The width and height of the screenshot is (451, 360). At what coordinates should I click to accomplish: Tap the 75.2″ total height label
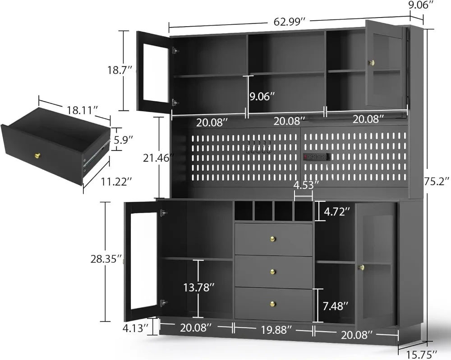point(437,181)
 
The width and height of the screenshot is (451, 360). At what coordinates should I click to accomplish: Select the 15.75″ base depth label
point(422,354)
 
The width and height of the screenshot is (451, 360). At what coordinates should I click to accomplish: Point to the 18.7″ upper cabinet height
point(120,70)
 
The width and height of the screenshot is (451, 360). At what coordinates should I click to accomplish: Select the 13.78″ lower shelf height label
point(199,287)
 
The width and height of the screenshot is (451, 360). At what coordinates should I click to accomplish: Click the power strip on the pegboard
point(316,157)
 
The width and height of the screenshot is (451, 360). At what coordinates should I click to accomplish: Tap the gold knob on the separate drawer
point(38,155)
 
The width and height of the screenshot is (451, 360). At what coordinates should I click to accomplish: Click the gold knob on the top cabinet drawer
point(273,239)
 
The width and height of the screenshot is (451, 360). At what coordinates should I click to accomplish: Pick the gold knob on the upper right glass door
point(372,62)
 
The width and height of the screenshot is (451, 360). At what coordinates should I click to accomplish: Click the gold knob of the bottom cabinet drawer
point(273,303)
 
